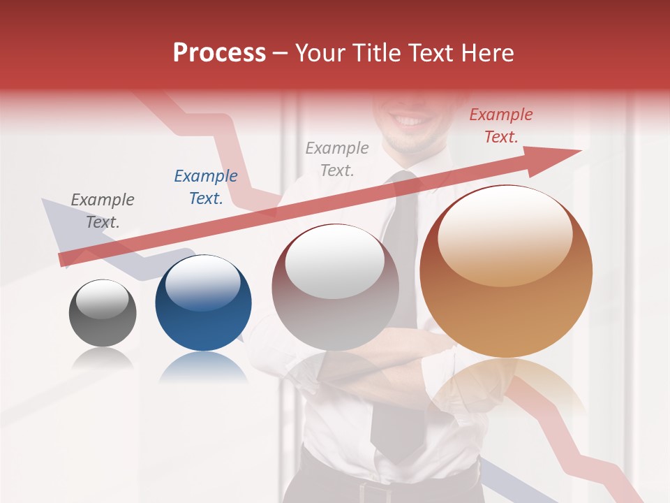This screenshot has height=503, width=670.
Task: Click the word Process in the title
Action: pos(219,53)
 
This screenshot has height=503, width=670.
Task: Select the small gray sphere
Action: pos(103,313)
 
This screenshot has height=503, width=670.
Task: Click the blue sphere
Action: pos(203,303)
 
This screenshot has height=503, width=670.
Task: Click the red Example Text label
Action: pos(500,126)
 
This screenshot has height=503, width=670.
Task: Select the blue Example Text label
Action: pos(206,187)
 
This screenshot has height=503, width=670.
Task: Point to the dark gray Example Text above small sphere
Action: pos(103,211)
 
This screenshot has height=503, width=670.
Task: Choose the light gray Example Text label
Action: pos(337,159)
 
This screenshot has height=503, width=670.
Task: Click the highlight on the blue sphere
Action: pos(202,282)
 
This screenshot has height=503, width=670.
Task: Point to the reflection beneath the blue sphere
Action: pos(203,367)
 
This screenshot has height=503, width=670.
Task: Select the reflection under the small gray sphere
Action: pos(103,359)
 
